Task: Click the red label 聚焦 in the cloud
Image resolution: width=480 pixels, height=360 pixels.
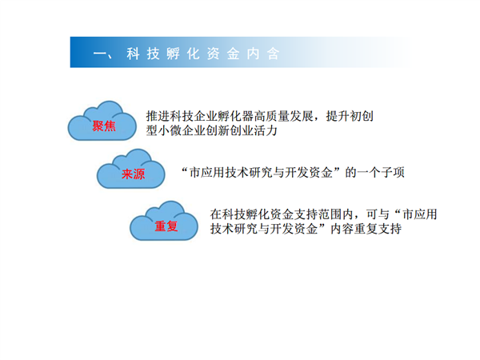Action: pyautogui.click(x=104, y=126)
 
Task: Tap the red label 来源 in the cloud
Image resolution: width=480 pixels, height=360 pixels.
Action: pyautogui.click(x=133, y=174)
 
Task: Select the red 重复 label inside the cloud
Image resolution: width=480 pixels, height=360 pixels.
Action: pyautogui.click(x=166, y=226)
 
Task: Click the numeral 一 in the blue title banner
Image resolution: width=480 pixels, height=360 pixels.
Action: pyautogui.click(x=99, y=54)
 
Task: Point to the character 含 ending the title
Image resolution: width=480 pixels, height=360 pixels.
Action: pyautogui.click(x=273, y=54)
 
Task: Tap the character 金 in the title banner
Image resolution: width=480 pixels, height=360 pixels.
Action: pyautogui.click(x=233, y=54)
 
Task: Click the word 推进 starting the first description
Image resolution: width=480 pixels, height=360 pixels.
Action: pyautogui.click(x=158, y=116)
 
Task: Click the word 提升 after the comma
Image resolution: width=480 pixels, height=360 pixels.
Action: pyautogui.click(x=338, y=116)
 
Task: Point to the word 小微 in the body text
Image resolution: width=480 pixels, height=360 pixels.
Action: pyautogui.click(x=170, y=130)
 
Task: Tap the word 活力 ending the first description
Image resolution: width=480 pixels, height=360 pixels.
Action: pyautogui.click(x=266, y=130)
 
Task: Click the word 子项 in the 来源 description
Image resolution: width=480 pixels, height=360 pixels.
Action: pyautogui.click(x=393, y=173)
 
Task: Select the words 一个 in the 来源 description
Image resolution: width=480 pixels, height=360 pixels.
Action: pyautogui.click(x=369, y=173)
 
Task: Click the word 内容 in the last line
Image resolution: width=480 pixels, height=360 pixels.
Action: pyautogui.click(x=342, y=229)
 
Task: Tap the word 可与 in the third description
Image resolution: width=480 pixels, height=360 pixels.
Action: pyautogui.click(x=378, y=214)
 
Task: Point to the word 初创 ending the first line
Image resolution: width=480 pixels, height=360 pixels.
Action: pyautogui.click(x=362, y=116)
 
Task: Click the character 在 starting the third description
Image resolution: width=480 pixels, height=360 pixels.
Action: pyautogui.click(x=216, y=214)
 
